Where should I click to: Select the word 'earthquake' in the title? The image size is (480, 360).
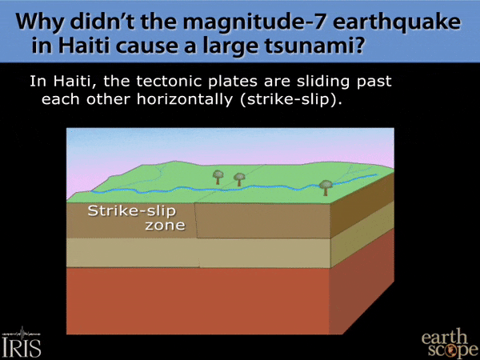pyautogui.click(x=397, y=23)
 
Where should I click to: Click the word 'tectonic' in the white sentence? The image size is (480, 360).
pyautogui.click(x=170, y=82)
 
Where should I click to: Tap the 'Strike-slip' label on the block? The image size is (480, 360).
pyautogui.click(x=132, y=211)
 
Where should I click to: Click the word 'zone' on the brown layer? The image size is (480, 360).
pyautogui.click(x=165, y=226)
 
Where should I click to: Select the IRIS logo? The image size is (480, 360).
pyautogui.click(x=22, y=342)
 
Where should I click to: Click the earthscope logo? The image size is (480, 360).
pyautogui.click(x=450, y=343)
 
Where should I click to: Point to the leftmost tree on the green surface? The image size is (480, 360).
pyautogui.click(x=218, y=178)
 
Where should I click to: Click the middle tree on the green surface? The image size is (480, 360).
pyautogui.click(x=239, y=179)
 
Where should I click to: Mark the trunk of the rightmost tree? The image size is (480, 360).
pyautogui.click(x=326, y=192)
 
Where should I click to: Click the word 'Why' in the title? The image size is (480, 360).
pyautogui.click(x=39, y=23)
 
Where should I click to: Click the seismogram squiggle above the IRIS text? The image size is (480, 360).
pyautogui.click(x=22, y=333)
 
